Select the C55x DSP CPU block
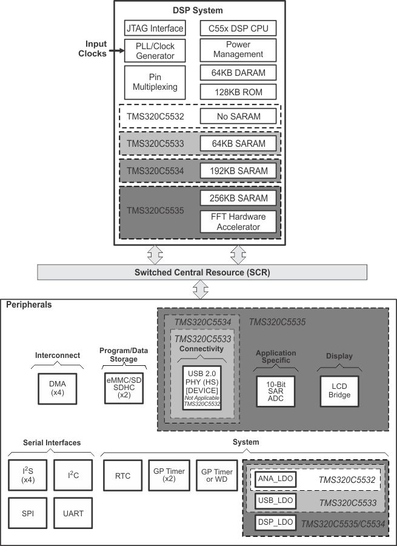pos(238,28)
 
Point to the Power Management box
pos(238,50)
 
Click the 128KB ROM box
pos(238,92)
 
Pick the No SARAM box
pos(238,116)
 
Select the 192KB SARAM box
pos(238,170)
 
